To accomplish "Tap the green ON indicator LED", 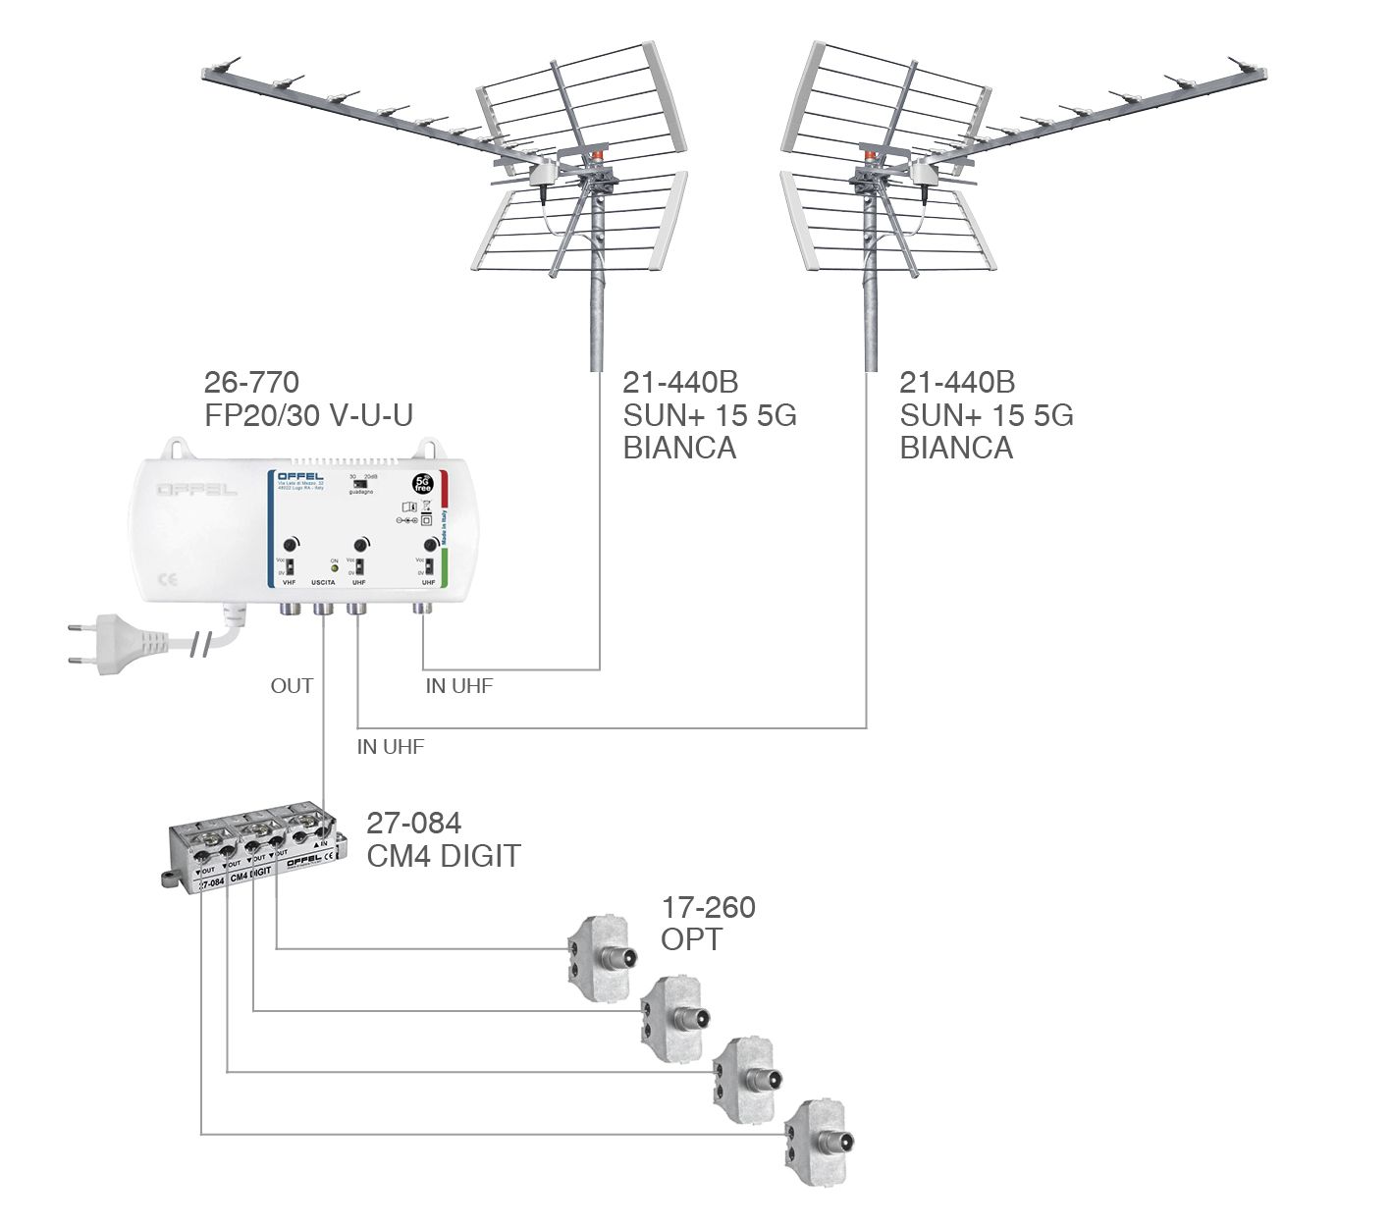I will [334, 568].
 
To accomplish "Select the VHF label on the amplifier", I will [289, 583].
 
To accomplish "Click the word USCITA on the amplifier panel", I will [323, 583].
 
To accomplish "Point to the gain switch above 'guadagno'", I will [360, 483].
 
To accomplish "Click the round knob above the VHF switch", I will [292, 545].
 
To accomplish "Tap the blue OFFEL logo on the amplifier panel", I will [299, 477].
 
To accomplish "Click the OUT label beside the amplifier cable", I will [292, 686].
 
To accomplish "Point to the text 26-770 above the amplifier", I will [251, 382].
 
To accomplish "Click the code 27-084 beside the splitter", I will [413, 823].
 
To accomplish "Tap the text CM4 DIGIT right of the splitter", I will [444, 856].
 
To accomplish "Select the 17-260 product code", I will [708, 907].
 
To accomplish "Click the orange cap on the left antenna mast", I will [596, 155].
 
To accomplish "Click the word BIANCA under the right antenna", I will [956, 448].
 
